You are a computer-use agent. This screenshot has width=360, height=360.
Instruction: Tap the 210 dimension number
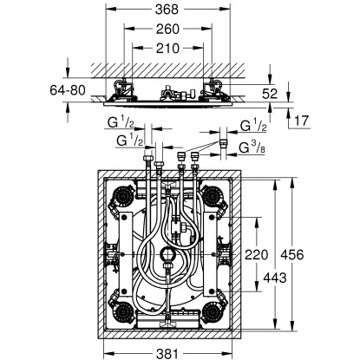point(170,49)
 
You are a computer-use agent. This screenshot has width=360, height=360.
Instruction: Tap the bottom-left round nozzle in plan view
point(121,313)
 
